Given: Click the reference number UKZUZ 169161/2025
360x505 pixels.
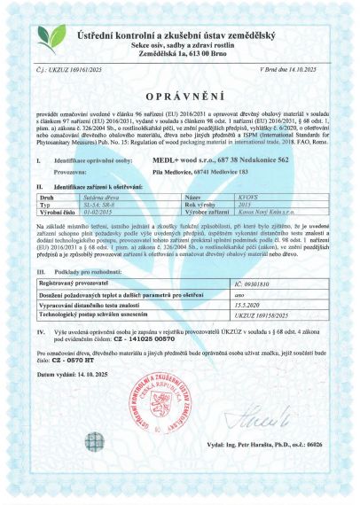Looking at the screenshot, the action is pos(75,66).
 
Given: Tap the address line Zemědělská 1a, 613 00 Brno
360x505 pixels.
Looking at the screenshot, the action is pos(179,52).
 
